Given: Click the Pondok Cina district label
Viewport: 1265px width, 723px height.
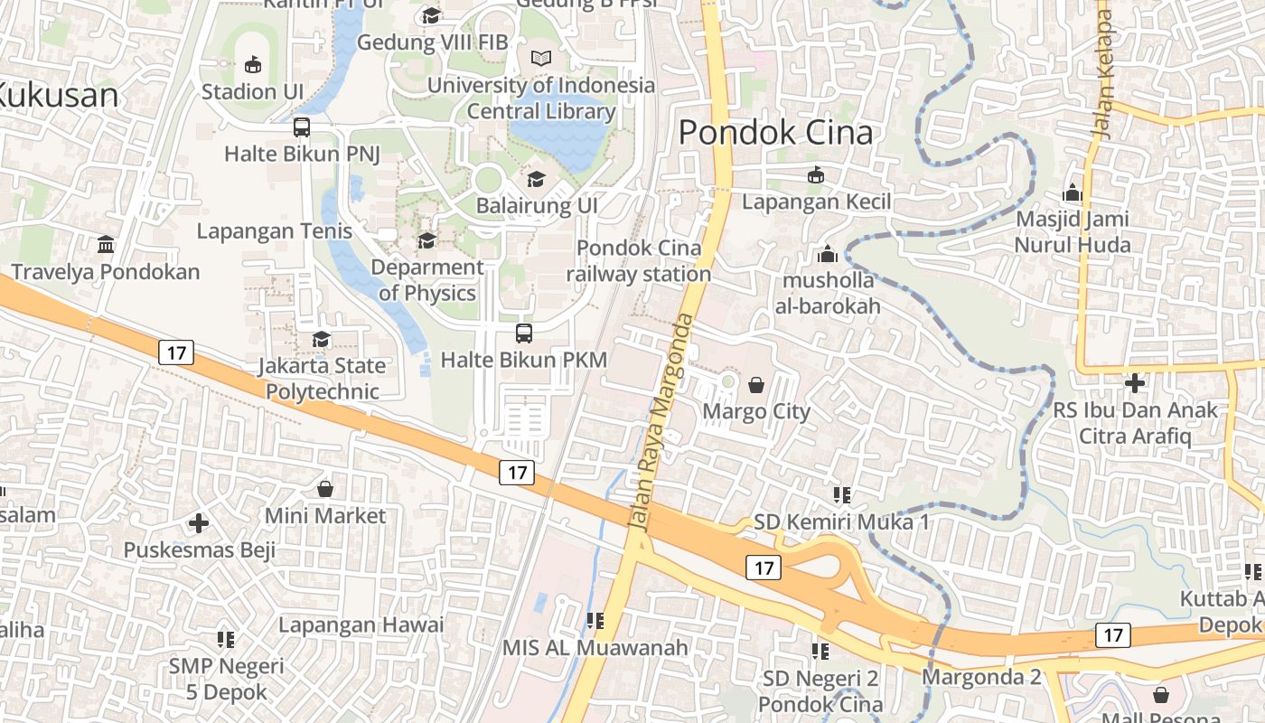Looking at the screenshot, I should [775, 133].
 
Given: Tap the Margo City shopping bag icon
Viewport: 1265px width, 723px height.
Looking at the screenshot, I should [756, 386].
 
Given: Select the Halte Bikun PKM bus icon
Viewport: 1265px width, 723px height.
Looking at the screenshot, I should [524, 333].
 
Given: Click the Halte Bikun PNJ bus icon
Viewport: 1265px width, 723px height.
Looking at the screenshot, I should [302, 127].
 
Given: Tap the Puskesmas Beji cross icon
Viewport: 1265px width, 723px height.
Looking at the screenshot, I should [199, 523].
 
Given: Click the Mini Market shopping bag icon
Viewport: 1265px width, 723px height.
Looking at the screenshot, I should [325, 489].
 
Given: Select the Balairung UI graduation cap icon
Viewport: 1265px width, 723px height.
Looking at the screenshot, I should [537, 179].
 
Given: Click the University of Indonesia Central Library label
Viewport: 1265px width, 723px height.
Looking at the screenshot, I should [541, 99].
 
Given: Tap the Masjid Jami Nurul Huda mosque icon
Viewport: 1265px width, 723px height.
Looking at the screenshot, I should [1073, 192].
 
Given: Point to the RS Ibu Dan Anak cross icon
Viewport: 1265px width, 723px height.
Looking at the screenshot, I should [1135, 383].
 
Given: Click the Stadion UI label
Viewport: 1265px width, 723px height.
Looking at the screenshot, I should [252, 91].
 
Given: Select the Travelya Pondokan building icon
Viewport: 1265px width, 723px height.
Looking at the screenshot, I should [106, 245].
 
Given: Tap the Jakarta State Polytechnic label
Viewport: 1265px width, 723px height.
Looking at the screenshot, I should [322, 379].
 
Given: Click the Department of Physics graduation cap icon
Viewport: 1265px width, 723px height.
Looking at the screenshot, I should [426, 240].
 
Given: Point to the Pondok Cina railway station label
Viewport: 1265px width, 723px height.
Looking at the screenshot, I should [639, 261].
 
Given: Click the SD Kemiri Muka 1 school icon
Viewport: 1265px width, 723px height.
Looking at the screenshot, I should [842, 495].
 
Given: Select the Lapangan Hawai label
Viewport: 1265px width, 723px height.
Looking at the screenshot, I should [361, 624].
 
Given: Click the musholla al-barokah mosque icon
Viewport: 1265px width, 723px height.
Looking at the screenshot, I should [828, 254].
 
